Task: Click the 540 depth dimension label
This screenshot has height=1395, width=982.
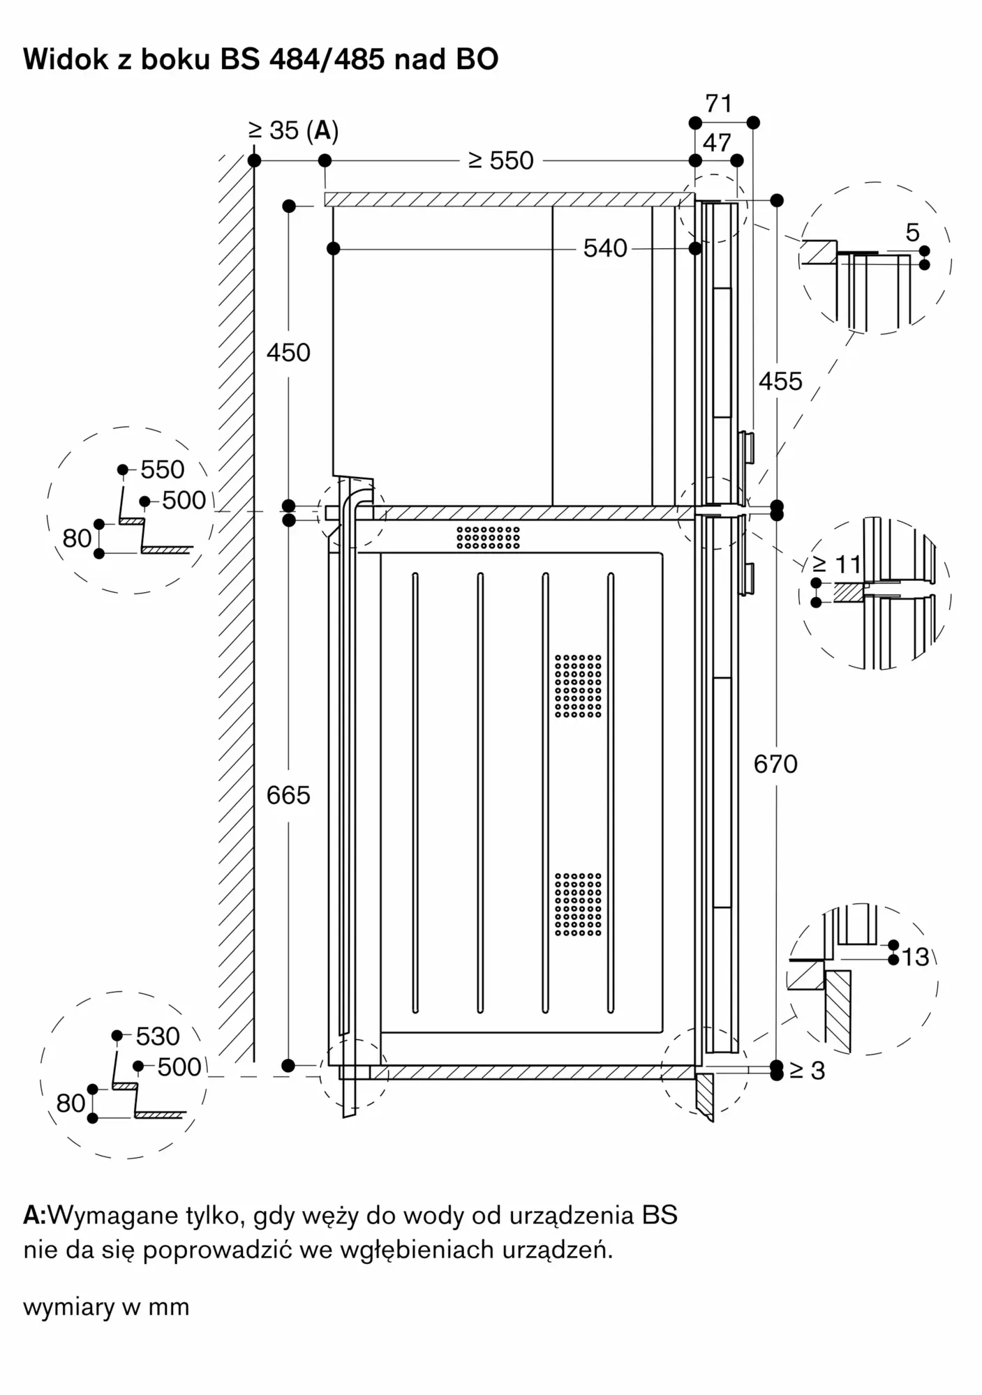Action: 605,248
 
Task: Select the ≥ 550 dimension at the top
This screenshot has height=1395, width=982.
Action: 501,160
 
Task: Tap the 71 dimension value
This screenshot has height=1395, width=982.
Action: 719,104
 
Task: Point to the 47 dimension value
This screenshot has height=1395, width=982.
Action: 717,143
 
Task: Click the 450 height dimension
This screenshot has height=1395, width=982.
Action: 288,353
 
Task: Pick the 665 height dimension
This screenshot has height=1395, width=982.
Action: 288,795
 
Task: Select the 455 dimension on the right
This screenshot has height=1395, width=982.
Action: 780,382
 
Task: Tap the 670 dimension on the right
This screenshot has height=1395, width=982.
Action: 775,764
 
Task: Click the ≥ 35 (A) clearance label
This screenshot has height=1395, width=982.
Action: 293,130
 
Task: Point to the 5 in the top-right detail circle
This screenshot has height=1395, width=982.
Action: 913,233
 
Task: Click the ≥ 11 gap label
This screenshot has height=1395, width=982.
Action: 837,563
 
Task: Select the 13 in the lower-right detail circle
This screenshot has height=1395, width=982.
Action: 915,958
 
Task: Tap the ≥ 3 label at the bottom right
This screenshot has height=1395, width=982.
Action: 808,1071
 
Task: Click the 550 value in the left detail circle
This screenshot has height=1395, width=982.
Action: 163,469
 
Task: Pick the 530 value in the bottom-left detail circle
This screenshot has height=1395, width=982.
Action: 158,1036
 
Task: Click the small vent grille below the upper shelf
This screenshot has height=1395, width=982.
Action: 489,537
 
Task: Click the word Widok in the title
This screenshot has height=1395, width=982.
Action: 66,60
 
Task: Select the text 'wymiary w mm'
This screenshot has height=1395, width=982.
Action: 106,1306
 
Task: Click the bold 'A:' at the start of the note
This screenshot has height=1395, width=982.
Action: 35,1216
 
